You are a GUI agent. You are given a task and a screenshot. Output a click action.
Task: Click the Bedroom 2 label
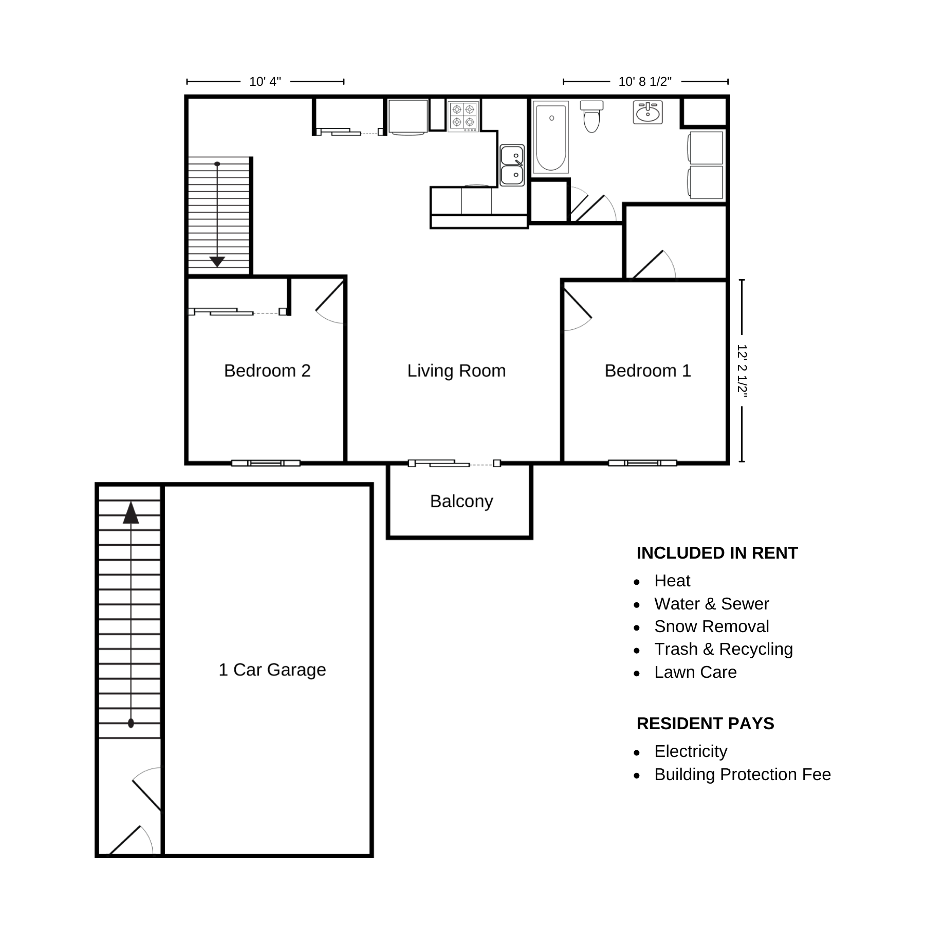click(267, 371)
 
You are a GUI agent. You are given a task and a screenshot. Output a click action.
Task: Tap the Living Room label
click(456, 371)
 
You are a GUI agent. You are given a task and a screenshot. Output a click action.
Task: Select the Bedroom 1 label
click(647, 371)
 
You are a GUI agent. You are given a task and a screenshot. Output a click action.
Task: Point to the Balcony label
click(461, 501)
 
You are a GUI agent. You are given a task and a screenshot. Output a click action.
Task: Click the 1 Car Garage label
click(272, 670)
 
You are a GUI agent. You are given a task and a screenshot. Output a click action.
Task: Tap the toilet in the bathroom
click(591, 116)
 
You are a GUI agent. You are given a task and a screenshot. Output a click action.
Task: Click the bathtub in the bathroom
click(551, 137)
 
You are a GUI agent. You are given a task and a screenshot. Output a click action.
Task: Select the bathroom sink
click(647, 113)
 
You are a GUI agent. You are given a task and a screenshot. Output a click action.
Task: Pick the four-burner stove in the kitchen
click(463, 116)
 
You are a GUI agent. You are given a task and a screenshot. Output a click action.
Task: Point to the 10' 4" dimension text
click(265, 82)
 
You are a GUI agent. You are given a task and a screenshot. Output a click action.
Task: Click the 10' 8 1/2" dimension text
click(645, 82)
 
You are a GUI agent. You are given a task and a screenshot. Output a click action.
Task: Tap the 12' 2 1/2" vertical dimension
click(742, 370)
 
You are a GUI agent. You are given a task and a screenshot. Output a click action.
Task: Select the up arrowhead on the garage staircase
click(131, 512)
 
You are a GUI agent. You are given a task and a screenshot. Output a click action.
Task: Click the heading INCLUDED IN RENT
click(717, 553)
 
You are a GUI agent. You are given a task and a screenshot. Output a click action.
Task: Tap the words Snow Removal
click(711, 626)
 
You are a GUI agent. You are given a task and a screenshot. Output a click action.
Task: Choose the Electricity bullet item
click(691, 751)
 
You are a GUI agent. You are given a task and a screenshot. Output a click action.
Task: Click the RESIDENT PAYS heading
click(705, 724)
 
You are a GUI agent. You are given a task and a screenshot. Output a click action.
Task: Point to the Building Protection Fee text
click(743, 774)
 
